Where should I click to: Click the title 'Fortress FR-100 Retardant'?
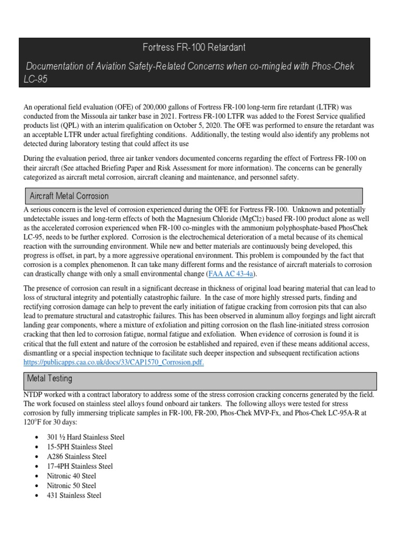click(x=194, y=47)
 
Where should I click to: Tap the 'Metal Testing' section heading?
click(x=51, y=379)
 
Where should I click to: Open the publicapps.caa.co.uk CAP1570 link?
click(x=114, y=363)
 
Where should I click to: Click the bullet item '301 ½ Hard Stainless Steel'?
click(x=86, y=437)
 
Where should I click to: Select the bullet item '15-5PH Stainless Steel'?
click(x=80, y=447)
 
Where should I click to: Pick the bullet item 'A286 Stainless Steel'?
click(x=77, y=456)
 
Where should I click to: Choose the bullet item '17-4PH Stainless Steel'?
click(x=80, y=466)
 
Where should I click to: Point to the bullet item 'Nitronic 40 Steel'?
click(x=72, y=476)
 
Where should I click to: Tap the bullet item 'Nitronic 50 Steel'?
click(x=72, y=486)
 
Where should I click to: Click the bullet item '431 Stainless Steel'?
click(x=74, y=495)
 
